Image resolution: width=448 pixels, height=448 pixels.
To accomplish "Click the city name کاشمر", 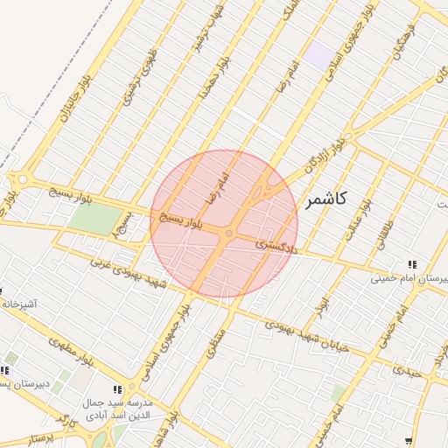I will (x=326, y=200).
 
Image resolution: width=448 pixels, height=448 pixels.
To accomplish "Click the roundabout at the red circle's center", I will (x=229, y=233).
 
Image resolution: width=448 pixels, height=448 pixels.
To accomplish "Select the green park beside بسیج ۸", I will (x=86, y=219).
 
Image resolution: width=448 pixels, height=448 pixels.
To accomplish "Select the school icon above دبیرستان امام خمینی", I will (x=411, y=264).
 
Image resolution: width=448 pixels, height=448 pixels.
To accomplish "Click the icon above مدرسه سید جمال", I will (x=117, y=389).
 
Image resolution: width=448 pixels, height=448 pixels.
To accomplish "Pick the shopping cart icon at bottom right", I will (x=409, y=442).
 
